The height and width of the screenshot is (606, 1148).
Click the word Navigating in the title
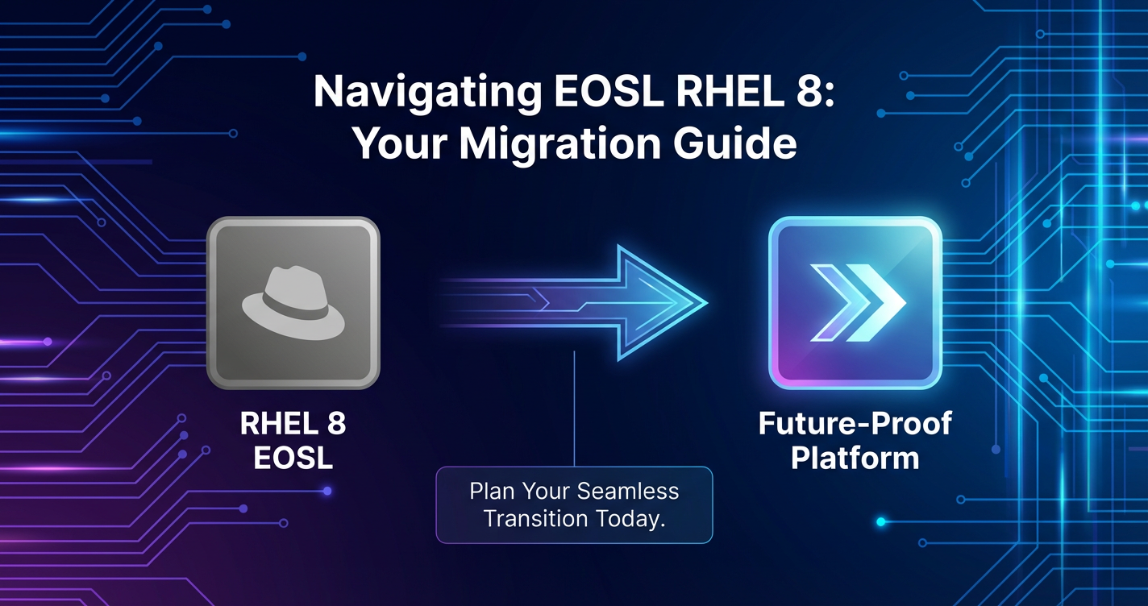click(427, 93)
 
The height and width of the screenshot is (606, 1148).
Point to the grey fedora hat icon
click(293, 303)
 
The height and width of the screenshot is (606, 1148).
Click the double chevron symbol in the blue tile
click(858, 303)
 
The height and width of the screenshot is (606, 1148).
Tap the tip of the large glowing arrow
click(707, 303)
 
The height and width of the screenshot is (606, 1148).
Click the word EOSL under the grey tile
click(293, 458)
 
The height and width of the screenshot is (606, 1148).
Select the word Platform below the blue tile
click(855, 458)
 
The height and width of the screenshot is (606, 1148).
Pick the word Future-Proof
click(855, 424)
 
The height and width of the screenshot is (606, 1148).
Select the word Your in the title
click(400, 144)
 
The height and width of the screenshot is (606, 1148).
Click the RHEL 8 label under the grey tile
click(293, 424)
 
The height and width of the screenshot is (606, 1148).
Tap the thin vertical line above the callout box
click(575, 409)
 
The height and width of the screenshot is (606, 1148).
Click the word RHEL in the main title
click(728, 92)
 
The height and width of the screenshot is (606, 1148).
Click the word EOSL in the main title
click(609, 92)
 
